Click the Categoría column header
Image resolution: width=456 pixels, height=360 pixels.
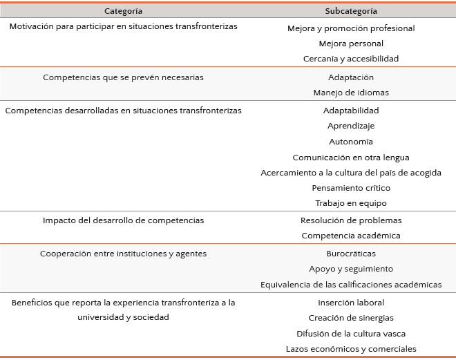pos(124,11)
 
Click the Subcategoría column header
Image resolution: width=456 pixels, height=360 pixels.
pos(351,11)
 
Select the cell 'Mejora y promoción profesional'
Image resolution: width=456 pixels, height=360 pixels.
pos(351,28)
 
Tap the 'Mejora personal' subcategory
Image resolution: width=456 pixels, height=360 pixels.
pos(351,44)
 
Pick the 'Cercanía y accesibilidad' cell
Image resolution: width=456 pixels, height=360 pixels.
pos(351,59)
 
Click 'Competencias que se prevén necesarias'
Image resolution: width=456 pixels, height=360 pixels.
pos(123,77)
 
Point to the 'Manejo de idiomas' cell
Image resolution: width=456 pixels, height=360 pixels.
pos(351,93)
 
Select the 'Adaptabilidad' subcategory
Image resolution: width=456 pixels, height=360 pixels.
pos(351,111)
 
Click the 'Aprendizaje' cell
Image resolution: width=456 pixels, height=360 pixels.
pos(351,126)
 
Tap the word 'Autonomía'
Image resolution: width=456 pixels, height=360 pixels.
pos(351,141)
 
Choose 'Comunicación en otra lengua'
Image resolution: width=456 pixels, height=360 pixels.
pos(351,157)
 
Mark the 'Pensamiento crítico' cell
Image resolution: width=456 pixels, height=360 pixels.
pos(351,187)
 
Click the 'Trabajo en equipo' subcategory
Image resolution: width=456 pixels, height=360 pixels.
pos(351,203)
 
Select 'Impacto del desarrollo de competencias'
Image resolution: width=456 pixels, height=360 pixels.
pos(123,220)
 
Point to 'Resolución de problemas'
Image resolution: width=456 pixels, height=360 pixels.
pos(351,220)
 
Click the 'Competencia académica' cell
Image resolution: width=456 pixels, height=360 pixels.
pos(351,236)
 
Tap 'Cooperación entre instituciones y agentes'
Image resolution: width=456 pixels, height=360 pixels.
pos(123,254)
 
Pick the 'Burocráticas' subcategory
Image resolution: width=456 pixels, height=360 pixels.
pos(351,254)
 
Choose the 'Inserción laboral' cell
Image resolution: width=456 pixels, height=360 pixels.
pos(351,303)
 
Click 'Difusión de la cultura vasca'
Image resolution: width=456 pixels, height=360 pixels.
pos(351,333)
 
